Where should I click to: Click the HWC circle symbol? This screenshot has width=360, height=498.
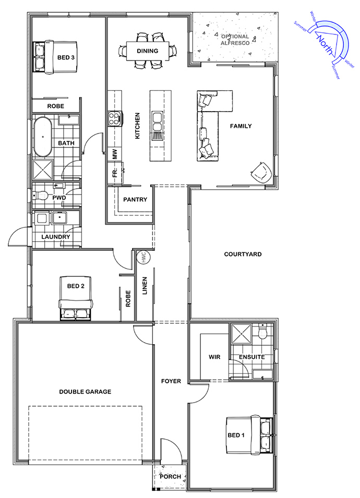click(143, 257)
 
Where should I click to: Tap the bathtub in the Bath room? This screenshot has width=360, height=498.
click(43, 137)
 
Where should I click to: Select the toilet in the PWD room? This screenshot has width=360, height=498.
click(40, 196)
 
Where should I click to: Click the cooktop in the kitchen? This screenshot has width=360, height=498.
click(115, 118)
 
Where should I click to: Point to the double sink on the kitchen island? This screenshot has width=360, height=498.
click(158, 122)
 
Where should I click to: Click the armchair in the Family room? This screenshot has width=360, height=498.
click(261, 173)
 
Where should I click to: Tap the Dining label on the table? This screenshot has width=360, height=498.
click(148, 51)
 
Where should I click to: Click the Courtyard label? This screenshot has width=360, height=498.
click(243, 254)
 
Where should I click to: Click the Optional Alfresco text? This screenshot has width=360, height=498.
click(235, 40)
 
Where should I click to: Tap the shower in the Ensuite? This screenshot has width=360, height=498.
click(241, 334)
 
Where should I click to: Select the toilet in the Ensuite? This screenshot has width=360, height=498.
click(263, 331)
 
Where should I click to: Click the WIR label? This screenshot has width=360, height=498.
click(214, 357)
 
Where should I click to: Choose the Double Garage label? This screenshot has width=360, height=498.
click(85, 392)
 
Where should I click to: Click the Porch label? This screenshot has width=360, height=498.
click(170, 477)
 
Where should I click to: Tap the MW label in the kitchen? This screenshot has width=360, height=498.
click(115, 154)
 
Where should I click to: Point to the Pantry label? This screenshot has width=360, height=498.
click(135, 199)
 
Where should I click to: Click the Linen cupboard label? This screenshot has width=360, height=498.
click(145, 286)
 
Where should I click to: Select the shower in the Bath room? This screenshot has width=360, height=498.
click(43, 169)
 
